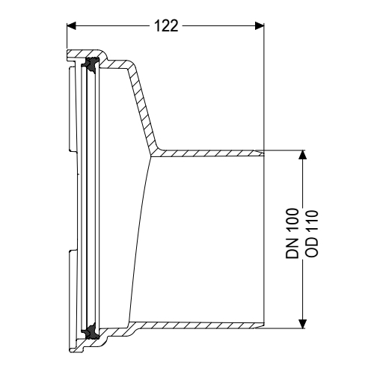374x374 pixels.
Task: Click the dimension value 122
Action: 165,25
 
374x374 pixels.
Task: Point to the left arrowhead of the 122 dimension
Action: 72,25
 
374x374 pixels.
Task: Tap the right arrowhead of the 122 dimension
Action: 260,25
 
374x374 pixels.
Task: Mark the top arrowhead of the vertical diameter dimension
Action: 303,155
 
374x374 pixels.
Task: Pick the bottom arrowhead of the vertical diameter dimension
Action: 303,323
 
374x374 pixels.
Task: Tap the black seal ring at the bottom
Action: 90,336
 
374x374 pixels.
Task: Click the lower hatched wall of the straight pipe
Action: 209,324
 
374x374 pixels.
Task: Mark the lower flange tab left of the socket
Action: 72,292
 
